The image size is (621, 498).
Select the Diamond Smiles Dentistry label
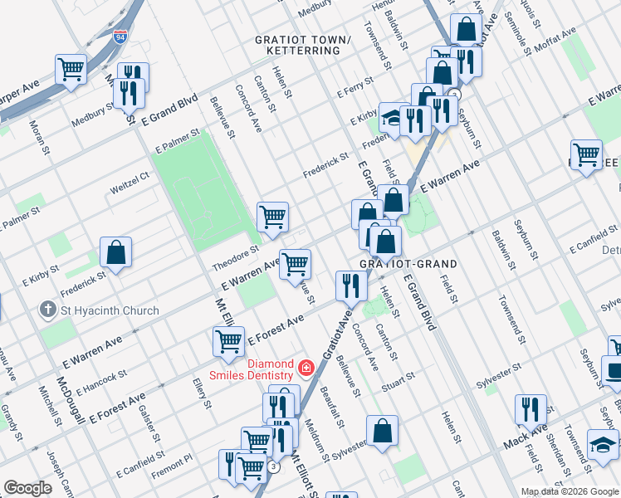[x=258, y=369]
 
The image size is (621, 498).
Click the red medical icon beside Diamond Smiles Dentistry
[x=307, y=367]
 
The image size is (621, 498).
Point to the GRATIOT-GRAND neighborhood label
[x=408, y=264]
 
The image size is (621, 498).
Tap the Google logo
[x=27, y=488]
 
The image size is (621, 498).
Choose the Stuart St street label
[x=398, y=381]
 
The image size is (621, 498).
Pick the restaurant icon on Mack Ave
[x=531, y=409]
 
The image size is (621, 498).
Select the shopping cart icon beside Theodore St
[x=272, y=217]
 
